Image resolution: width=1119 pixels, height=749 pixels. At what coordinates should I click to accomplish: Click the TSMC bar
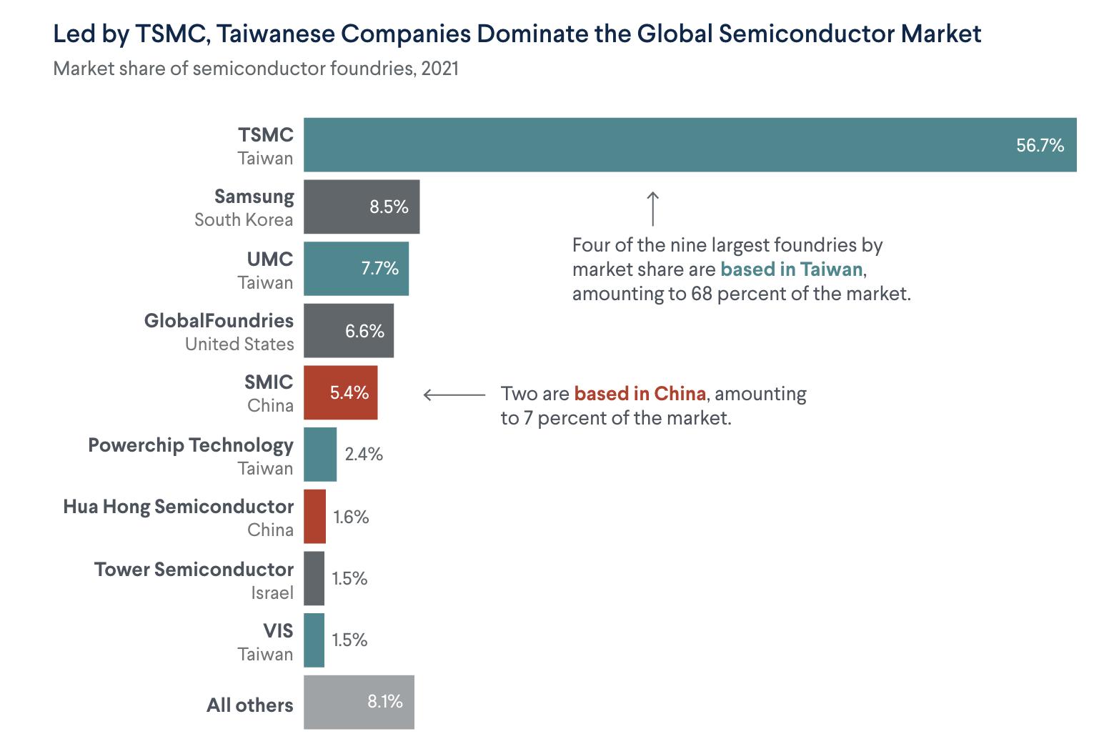coord(690,145)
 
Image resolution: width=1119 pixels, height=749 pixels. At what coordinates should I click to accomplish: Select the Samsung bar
coord(362,207)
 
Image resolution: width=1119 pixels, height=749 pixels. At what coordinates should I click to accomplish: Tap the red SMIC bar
coord(340,392)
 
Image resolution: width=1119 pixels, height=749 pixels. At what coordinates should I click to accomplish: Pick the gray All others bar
coord(359,702)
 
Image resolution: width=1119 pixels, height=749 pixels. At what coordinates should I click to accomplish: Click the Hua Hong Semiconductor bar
coord(314,516)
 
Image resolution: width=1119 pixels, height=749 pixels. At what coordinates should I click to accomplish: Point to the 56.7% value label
coord(1040,146)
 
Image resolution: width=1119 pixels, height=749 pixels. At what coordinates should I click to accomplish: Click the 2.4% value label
coord(364,455)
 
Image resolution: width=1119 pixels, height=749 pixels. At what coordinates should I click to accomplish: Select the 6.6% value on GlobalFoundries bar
coord(364,331)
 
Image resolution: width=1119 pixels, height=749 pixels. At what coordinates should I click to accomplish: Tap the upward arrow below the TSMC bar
coord(652,208)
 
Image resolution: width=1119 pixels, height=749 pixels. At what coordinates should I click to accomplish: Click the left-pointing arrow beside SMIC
coord(454,395)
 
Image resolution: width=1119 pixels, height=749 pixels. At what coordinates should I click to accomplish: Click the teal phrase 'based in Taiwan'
coord(791,269)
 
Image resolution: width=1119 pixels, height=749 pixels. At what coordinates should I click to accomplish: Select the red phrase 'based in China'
coord(640,394)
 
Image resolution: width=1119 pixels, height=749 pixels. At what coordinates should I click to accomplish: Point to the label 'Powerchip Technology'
coord(191,445)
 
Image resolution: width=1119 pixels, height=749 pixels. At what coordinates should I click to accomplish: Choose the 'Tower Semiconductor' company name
coord(194,570)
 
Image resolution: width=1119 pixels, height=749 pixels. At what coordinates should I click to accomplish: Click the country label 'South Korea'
coord(244,220)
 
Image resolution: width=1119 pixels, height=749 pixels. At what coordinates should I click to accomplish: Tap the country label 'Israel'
coord(272,593)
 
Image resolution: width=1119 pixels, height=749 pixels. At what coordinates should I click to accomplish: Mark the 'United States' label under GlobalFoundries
coord(239,344)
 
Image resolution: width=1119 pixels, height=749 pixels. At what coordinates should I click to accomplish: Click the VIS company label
coord(278,631)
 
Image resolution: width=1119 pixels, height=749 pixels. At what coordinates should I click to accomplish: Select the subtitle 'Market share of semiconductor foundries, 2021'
coord(256,69)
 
